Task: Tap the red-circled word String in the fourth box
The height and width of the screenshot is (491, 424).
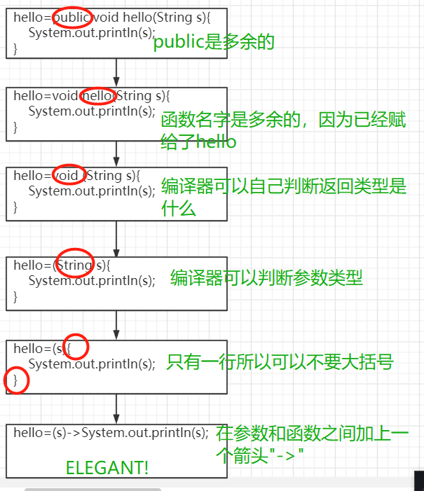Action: [x=74, y=265]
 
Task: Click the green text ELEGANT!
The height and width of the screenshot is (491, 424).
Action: [x=107, y=468]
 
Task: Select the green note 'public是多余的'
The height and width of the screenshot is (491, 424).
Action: [x=213, y=42]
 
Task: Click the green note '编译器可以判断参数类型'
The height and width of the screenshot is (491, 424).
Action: [x=266, y=278]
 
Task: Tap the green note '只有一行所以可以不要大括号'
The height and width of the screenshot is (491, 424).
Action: [x=280, y=362]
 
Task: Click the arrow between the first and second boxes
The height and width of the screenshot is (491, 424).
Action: [x=116, y=72]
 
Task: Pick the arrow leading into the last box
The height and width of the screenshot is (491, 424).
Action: [x=116, y=409]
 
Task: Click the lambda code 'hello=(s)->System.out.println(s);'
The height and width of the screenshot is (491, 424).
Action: [x=111, y=433]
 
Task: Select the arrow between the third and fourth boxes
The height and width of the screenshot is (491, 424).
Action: [x=116, y=240]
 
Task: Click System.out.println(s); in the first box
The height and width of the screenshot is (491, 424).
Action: [x=92, y=33]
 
